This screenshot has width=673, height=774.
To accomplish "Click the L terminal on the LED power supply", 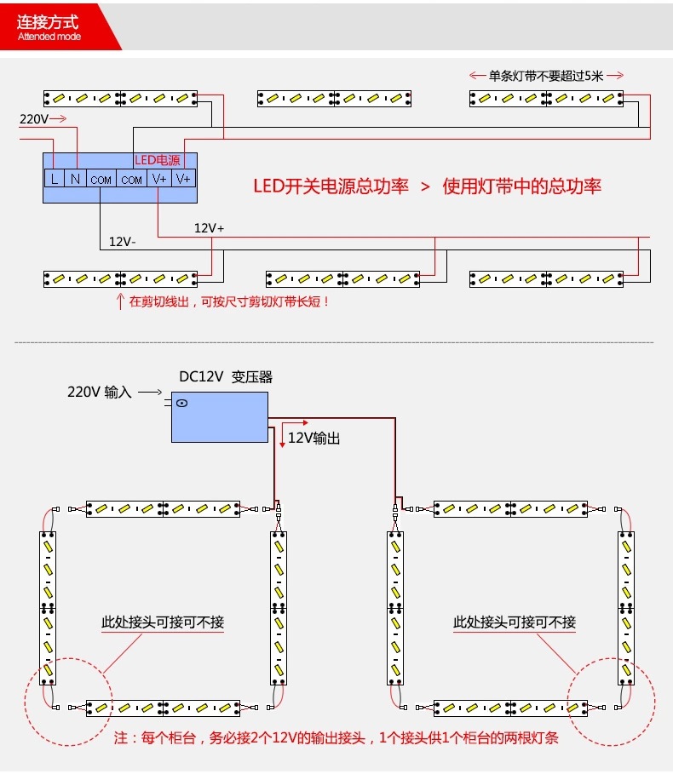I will (54, 179).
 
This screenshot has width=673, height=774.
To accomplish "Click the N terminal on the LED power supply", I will (76, 179).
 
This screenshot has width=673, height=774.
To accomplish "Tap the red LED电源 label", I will (157, 160).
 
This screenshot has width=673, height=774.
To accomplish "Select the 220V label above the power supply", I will (33, 119).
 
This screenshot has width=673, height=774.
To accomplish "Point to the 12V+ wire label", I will (210, 228).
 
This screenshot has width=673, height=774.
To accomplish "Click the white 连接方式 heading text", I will (49, 22).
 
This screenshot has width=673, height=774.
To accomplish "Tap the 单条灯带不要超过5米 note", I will (545, 76).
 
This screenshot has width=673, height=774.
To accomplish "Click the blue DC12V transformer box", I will (219, 416).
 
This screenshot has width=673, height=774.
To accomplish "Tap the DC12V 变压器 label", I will (225, 376).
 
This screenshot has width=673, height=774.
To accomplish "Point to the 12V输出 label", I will (313, 438).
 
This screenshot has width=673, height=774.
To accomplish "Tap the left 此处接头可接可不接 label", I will (163, 622).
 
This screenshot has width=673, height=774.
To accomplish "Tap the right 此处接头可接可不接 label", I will (514, 622).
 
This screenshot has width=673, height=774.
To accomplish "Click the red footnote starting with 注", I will (336, 738).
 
